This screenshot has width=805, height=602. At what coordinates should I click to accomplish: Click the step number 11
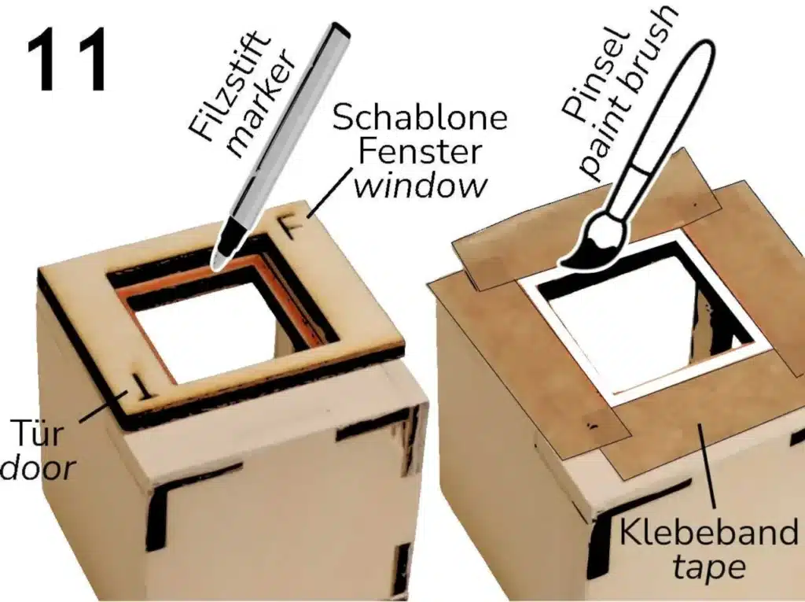coord(68,60)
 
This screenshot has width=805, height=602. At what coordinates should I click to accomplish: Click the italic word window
coord(420,185)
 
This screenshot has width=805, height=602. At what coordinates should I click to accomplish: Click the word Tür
coord(37,432)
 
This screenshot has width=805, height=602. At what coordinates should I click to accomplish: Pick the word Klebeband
coord(708,532)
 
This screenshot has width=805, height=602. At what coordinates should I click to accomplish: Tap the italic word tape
coord(708,567)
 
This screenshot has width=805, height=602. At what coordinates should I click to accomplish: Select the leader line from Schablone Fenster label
coord(329,193)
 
